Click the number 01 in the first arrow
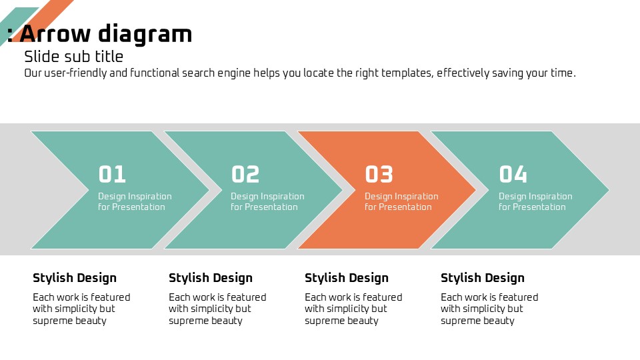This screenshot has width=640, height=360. (x=112, y=174)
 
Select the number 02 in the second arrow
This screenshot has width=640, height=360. (x=245, y=174)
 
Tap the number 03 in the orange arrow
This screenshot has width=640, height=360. (x=379, y=174)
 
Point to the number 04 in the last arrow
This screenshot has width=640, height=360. (x=513, y=174)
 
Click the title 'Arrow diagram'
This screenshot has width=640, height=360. (x=106, y=34)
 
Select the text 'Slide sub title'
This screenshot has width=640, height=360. (x=73, y=56)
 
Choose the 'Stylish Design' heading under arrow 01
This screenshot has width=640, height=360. (x=75, y=278)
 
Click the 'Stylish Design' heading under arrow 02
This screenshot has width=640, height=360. (x=211, y=278)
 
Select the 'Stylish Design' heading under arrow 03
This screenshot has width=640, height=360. (x=347, y=278)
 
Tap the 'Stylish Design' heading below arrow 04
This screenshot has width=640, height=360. (x=483, y=278)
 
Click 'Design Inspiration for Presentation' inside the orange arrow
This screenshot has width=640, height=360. (x=401, y=201)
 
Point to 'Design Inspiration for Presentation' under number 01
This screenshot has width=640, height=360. (x=135, y=201)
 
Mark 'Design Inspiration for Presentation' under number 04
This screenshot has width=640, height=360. (x=535, y=201)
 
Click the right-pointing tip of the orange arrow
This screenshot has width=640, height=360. (x=476, y=190)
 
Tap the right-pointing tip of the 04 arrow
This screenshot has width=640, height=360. (x=609, y=190)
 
